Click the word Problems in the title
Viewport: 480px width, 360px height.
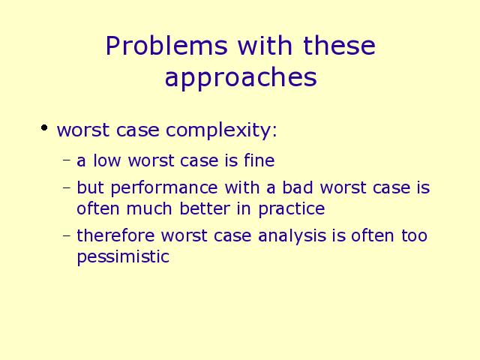(x=166, y=46)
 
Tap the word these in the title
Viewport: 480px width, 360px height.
(x=339, y=45)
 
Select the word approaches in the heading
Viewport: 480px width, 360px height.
(x=241, y=78)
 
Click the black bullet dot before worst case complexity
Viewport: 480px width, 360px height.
(x=44, y=127)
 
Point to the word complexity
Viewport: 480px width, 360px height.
(x=221, y=130)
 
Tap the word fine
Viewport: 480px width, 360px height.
(x=259, y=160)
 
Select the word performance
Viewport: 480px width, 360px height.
(x=164, y=188)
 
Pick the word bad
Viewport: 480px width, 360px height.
(x=298, y=187)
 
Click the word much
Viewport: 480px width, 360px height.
(x=149, y=208)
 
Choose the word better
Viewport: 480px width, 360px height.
(x=205, y=208)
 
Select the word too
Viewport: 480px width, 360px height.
(x=414, y=235)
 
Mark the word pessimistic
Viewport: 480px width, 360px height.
(x=123, y=257)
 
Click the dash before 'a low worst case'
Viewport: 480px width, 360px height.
(x=67, y=160)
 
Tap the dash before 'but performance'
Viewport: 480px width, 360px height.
(x=67, y=187)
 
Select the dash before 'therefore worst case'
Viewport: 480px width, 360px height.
(x=67, y=235)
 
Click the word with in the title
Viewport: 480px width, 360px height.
(x=265, y=45)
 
